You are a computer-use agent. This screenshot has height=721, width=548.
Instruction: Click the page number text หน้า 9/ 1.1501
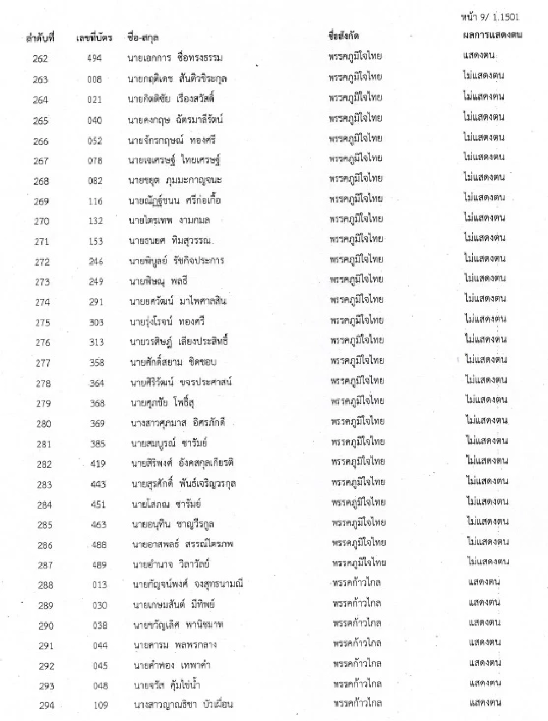click(x=490, y=18)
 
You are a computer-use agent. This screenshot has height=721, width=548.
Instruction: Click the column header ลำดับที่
click(x=40, y=38)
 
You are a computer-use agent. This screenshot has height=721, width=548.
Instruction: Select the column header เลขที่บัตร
click(x=94, y=38)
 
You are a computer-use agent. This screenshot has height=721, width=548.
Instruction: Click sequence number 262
click(x=40, y=59)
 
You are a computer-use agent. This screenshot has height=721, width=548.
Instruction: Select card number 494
click(x=95, y=58)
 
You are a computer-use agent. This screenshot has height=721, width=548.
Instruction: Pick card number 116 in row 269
click(x=95, y=201)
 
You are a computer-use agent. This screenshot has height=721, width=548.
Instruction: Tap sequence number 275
click(x=42, y=322)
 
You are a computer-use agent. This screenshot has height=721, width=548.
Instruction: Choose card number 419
click(x=98, y=464)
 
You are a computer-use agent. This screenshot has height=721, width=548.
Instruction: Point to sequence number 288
click(x=45, y=585)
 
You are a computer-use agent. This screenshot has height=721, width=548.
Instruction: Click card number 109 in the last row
click(x=100, y=705)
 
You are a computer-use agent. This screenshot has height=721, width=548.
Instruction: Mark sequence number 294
click(x=47, y=706)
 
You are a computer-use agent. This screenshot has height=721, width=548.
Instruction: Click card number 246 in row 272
click(x=96, y=262)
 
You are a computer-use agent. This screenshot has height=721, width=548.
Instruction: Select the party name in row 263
click(x=355, y=77)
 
